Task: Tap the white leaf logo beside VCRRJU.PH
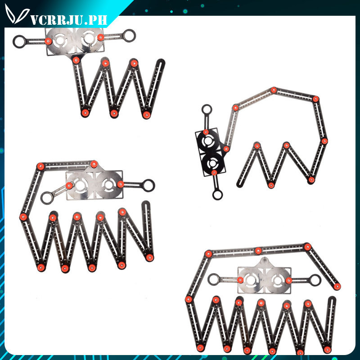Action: [x=17, y=17]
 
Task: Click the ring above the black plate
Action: [x=206, y=110]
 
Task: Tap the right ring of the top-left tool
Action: [x=129, y=35]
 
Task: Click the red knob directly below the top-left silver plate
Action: [x=76, y=59]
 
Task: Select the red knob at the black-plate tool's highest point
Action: [x=274, y=90]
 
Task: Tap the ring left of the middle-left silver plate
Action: [x=47, y=197]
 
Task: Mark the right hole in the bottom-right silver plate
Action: [x=276, y=281]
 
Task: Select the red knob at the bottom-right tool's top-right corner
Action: [x=307, y=247]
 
